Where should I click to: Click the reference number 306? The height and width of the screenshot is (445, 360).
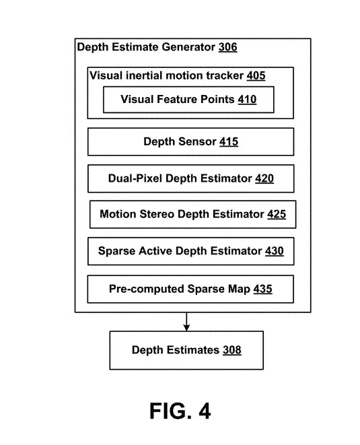coord(227,47)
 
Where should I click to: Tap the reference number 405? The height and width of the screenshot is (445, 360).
coord(256,76)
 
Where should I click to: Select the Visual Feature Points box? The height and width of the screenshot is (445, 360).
coord(188,100)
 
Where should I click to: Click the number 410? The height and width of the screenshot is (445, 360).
coord(247,100)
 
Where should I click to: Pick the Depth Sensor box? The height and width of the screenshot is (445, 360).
coord(190,141)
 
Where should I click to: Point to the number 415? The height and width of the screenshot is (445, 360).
coord(229,141)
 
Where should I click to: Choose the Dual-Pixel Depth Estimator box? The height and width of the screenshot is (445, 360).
coord(190,178)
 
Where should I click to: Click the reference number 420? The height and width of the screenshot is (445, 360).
coord(264,178)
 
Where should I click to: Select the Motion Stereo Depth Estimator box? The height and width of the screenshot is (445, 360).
coord(193,214)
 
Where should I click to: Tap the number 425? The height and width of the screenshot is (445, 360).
coord(277,214)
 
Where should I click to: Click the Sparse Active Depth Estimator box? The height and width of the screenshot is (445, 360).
coord(190,251)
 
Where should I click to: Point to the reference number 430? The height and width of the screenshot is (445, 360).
coord(275,251)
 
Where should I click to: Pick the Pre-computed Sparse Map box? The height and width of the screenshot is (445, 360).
coord(190,289)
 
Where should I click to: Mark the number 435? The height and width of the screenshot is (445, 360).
coord(262,289)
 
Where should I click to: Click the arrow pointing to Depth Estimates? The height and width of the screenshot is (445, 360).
coord(186,322)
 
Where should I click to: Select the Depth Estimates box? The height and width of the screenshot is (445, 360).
coord(186,350)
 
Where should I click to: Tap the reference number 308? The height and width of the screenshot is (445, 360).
coord(231,350)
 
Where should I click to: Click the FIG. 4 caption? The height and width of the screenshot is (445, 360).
coord(180,411)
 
